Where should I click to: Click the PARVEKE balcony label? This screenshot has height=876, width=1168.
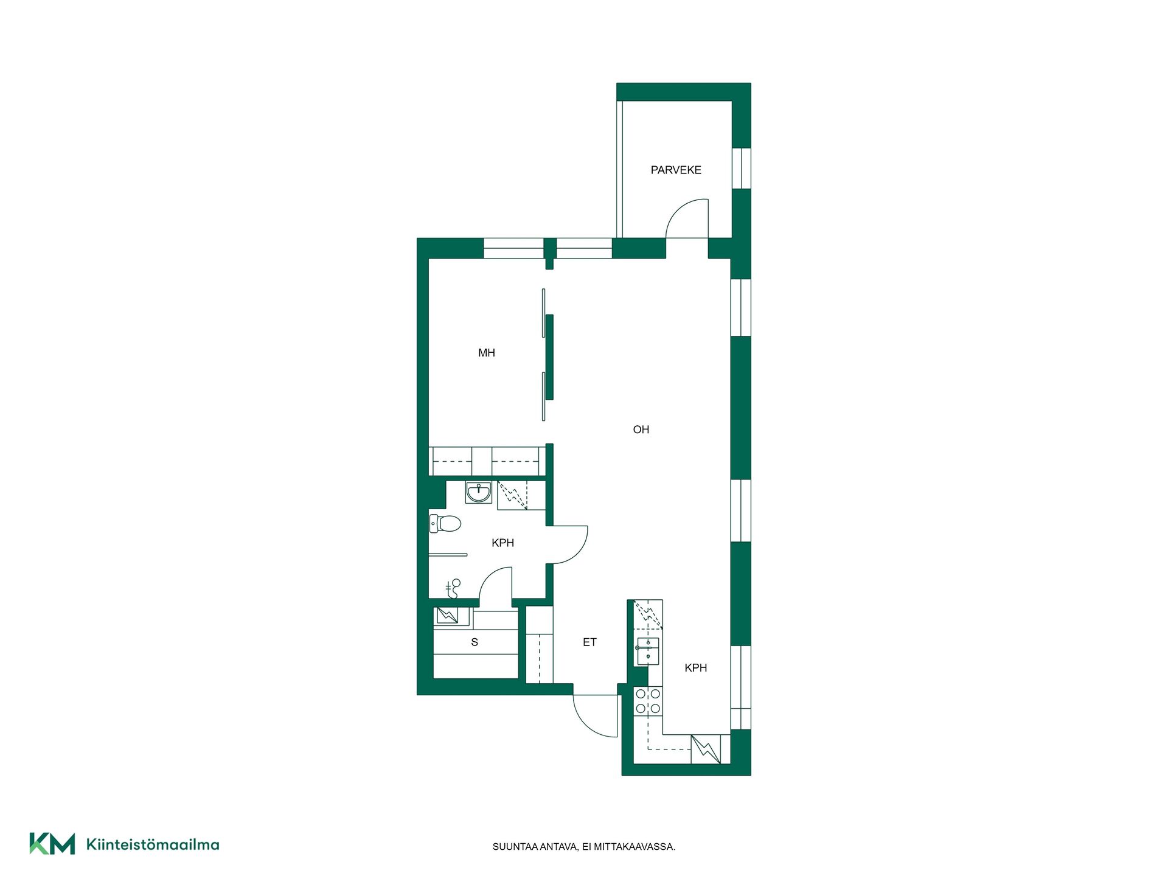click(676, 170)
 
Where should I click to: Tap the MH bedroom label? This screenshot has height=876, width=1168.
click(487, 353)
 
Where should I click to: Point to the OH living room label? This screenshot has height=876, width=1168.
click(641, 429)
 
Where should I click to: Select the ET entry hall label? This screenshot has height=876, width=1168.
click(589, 642)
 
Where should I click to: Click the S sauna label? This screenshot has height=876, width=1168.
click(474, 642)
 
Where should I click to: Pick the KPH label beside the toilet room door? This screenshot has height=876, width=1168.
click(503, 543)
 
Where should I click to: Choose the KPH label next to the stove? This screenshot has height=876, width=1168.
click(696, 668)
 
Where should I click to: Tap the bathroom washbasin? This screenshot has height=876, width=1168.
click(479, 492)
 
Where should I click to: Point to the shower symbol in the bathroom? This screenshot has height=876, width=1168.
click(453, 588)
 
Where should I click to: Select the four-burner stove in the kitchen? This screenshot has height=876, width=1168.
click(648, 701)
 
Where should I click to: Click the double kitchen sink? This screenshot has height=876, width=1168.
click(648, 651)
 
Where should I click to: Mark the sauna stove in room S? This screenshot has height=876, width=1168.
click(448, 616)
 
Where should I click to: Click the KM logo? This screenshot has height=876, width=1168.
click(52, 844)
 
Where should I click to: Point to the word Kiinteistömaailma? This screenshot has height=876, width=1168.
click(153, 844)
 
